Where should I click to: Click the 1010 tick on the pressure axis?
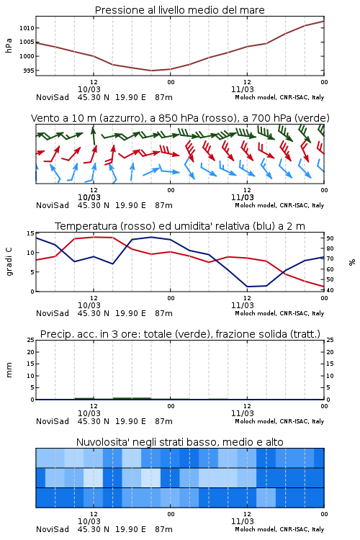pyautogui.click(x=27, y=28)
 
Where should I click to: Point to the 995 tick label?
pyautogui.click(x=29, y=71)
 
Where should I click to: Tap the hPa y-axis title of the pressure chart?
pyautogui.click(x=9, y=45)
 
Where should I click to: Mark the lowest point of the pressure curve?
pyautogui.click(x=151, y=71)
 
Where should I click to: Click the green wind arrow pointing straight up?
pyautogui.click(x=93, y=135)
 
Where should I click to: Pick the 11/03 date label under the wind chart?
pyautogui.click(x=243, y=197)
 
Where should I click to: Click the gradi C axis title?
pyautogui.click(x=9, y=262)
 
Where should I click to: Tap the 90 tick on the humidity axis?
pyautogui.click(x=330, y=238)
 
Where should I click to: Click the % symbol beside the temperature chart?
pyautogui.click(x=352, y=262)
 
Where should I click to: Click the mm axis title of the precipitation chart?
pyautogui.click(x=9, y=370)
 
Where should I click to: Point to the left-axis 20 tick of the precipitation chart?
pyautogui.click(x=31, y=352)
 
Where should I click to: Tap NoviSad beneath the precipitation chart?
pyautogui.click(x=53, y=421)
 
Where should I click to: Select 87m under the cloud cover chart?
pyautogui.click(x=163, y=529)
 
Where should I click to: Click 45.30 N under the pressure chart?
pyautogui.click(x=94, y=97)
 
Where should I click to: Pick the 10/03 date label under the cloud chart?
pyautogui.click(x=89, y=521)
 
